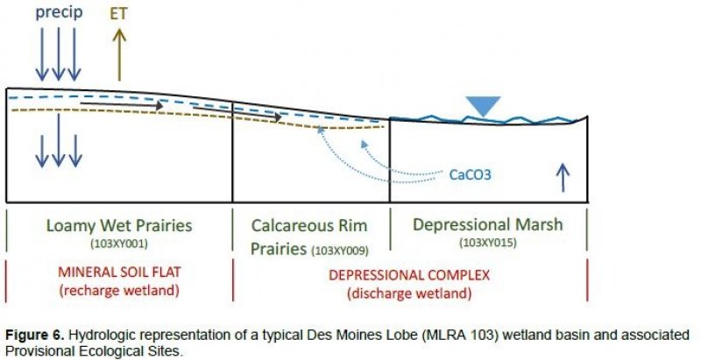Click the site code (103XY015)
tap(487, 242)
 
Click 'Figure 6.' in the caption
tap(33, 334)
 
